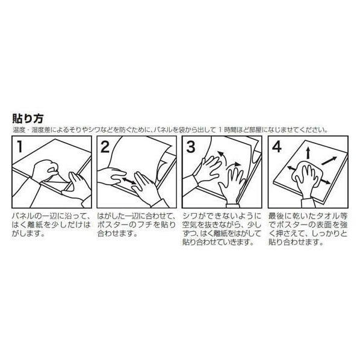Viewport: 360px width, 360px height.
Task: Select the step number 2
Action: pyautogui.click(x=105, y=147)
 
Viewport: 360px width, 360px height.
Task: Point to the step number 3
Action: pyautogui.click(x=192, y=147)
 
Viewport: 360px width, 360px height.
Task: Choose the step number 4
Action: pyautogui.click(x=278, y=147)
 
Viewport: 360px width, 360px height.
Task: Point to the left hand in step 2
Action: pyautogui.click(x=111, y=176)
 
